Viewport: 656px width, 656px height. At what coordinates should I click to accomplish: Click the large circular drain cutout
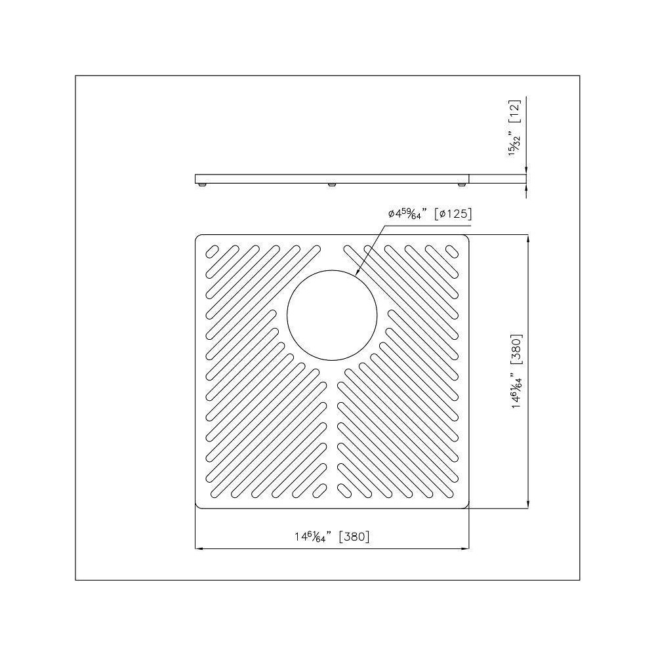(333, 314)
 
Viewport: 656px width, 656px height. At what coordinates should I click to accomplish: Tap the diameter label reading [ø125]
(454, 214)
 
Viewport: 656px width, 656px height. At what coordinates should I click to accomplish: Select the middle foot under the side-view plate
(333, 186)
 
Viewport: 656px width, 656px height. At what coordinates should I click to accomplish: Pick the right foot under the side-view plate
(463, 186)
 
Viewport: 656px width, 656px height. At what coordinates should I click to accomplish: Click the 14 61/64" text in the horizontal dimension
(310, 537)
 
